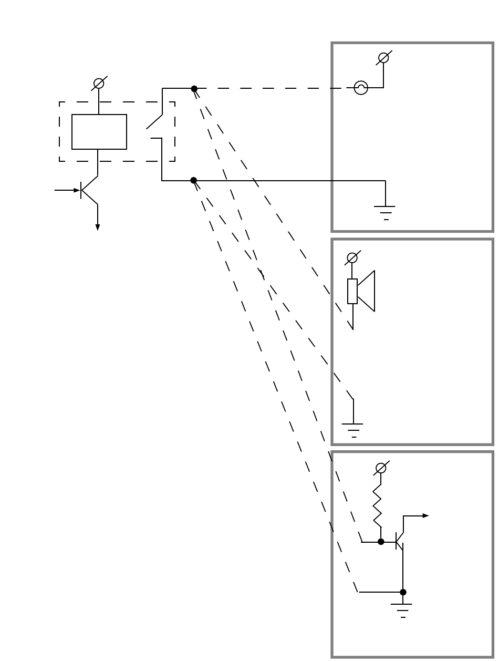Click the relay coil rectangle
coord(99,132)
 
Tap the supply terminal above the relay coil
coord(98,83)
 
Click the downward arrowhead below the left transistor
coord(98,226)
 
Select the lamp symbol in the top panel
coord(361,88)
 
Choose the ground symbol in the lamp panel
coord(386,211)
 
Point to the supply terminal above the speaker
coord(352,258)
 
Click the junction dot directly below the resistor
coord(381,542)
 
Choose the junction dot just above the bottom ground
coord(403,592)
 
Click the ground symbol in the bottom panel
coord(403,609)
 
